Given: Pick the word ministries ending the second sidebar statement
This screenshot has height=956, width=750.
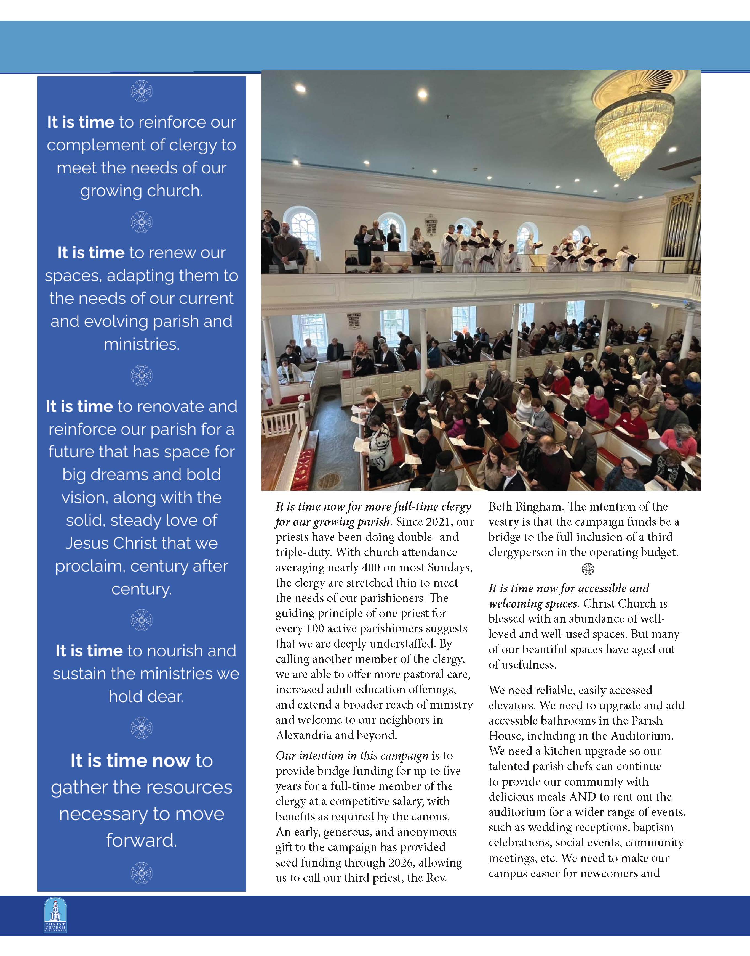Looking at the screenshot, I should [142, 344].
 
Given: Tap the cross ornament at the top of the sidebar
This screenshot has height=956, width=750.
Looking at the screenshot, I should [142, 91].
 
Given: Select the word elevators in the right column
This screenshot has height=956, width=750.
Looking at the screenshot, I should [512, 706].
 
